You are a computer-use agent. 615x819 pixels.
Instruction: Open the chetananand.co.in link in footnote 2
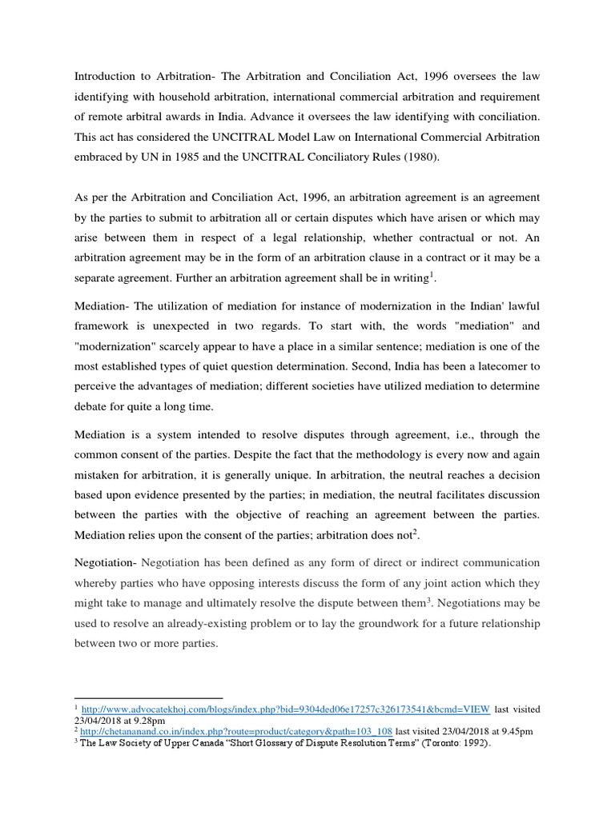tap(236, 731)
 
